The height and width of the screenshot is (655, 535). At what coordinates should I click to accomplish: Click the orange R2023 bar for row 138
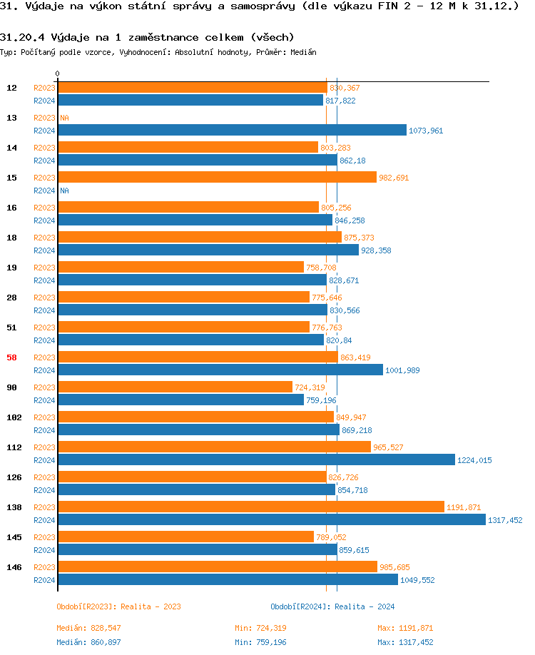click(251, 507)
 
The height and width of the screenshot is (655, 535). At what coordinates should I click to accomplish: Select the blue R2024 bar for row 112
click(257, 460)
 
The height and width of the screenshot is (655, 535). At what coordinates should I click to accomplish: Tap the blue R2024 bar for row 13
click(233, 131)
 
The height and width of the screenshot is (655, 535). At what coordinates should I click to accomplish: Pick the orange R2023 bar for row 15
click(218, 178)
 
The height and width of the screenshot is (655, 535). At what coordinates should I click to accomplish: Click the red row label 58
click(11, 357)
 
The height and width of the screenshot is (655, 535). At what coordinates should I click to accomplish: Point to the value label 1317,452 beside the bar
click(505, 520)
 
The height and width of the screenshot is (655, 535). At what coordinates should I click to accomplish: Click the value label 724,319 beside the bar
click(310, 387)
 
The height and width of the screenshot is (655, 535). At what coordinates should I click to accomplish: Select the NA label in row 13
click(64, 118)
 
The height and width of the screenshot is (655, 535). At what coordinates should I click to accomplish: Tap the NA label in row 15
click(64, 191)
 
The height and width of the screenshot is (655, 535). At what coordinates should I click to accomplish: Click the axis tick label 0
click(58, 73)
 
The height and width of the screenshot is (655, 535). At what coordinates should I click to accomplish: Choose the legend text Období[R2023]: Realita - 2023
click(118, 606)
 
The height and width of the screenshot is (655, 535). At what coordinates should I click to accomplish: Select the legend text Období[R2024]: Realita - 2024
click(332, 606)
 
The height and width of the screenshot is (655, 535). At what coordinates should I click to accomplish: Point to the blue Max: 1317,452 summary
click(405, 642)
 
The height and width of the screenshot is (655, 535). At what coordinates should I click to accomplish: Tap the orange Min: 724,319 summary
click(260, 628)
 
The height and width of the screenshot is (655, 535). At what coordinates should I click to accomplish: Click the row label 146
click(14, 567)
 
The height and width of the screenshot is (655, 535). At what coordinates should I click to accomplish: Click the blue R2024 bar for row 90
click(181, 400)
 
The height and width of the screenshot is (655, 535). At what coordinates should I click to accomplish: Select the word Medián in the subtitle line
click(304, 52)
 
